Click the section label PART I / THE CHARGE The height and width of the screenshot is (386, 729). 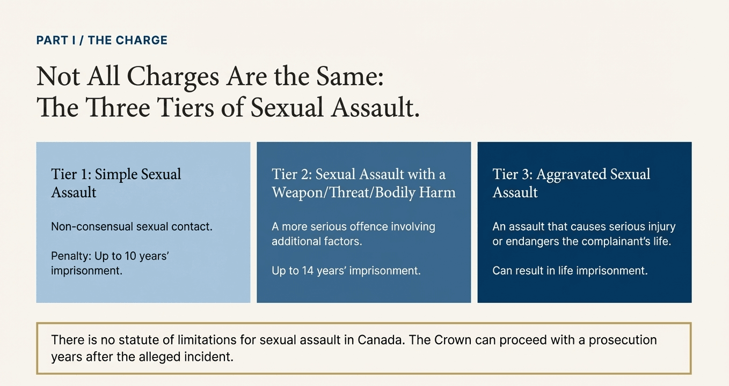click(102, 40)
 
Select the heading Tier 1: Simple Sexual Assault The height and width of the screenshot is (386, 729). click(116, 183)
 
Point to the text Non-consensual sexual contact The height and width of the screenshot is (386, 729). click(132, 227)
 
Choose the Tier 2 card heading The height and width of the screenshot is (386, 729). click(363, 183)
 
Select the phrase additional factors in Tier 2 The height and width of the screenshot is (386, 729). click(317, 241)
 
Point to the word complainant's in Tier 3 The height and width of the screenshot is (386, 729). click(606, 241)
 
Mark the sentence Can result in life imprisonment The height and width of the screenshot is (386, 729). click(570, 271)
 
